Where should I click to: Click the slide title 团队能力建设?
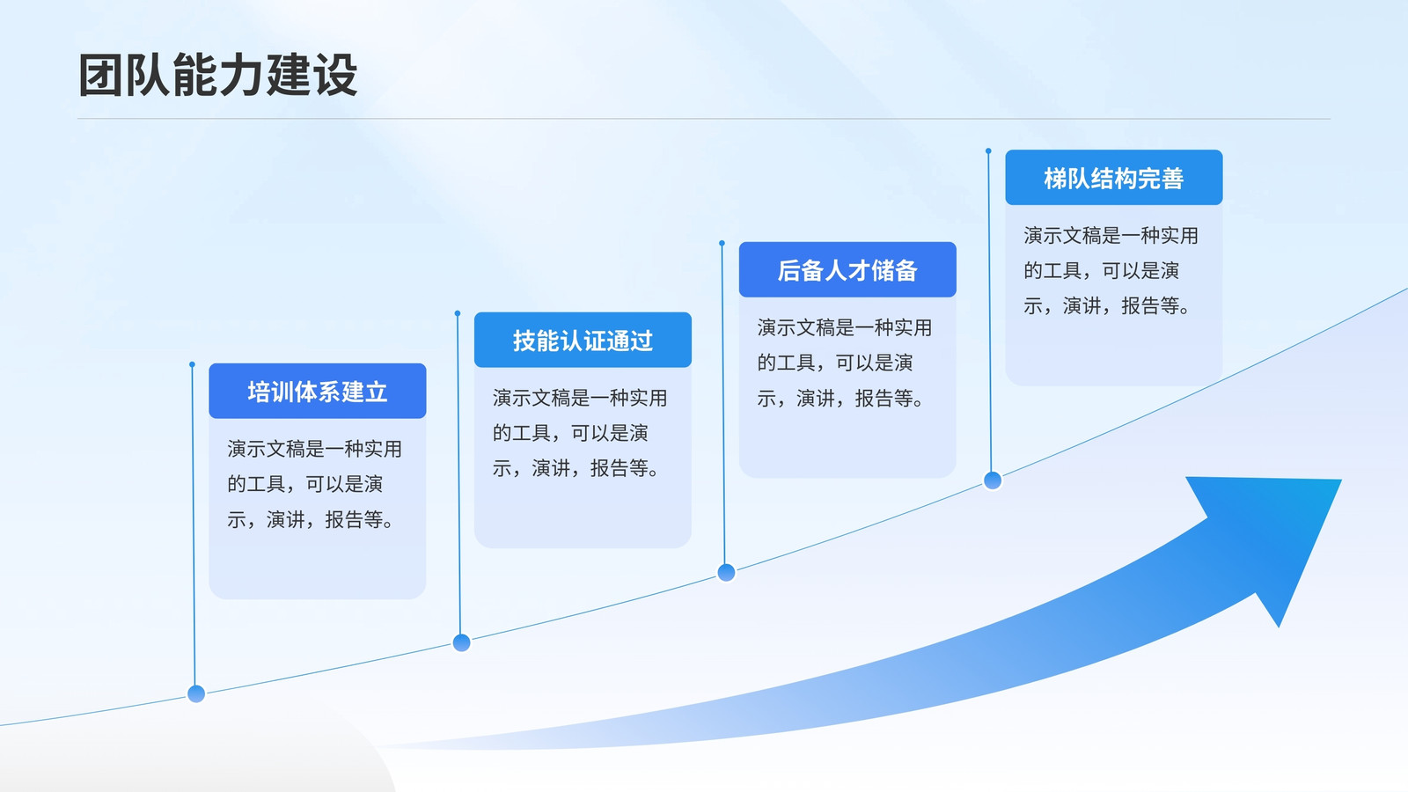click(x=218, y=76)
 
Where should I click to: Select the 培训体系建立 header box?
click(x=318, y=391)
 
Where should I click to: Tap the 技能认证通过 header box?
click(x=583, y=340)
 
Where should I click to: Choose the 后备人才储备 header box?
click(x=847, y=269)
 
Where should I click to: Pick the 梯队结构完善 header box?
click(x=1114, y=177)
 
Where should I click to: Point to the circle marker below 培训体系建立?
click(x=196, y=694)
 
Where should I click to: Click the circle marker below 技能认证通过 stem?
click(x=461, y=643)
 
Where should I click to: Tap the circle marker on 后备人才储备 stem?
click(x=726, y=573)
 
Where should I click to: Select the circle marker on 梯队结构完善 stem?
click(x=993, y=480)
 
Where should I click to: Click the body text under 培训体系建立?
click(x=314, y=484)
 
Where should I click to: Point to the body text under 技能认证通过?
click(x=580, y=433)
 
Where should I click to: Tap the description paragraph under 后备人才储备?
click(x=844, y=363)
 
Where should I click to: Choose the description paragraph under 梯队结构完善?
click(x=1111, y=270)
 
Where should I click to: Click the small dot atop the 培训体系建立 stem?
click(x=193, y=364)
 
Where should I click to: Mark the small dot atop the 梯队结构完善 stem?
click(x=989, y=150)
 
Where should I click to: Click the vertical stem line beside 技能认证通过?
click(x=458, y=474)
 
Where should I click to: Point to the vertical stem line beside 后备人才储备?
click(x=723, y=404)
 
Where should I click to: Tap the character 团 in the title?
click(x=100, y=76)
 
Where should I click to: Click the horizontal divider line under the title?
click(x=704, y=118)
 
